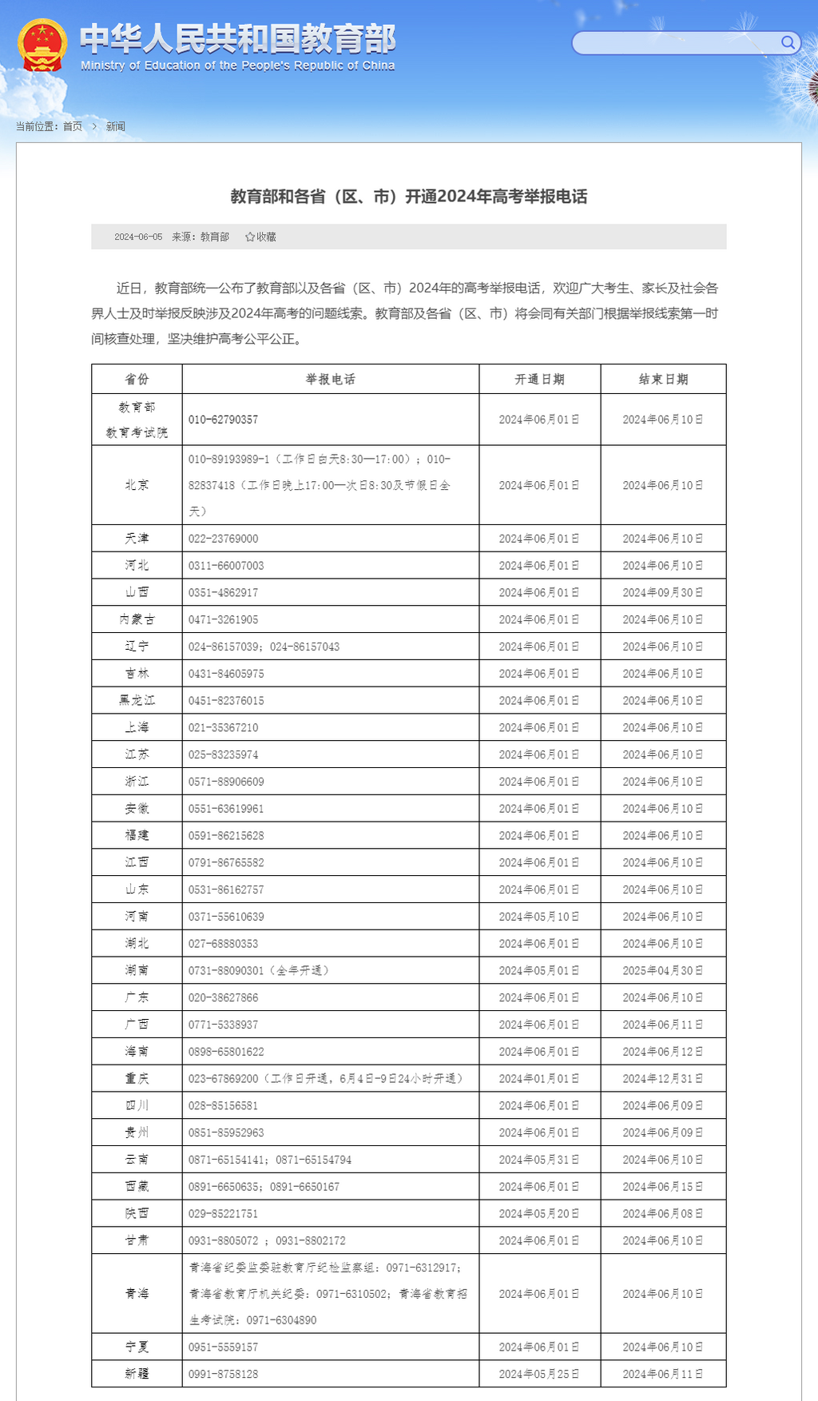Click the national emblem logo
(x=42, y=45)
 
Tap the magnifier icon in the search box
(x=788, y=42)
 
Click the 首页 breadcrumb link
(x=73, y=126)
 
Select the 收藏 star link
(x=260, y=237)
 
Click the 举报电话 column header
(x=330, y=379)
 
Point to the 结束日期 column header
(x=663, y=379)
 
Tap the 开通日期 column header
(x=539, y=379)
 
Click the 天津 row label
(x=137, y=539)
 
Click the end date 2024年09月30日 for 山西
(x=663, y=593)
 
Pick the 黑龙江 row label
(x=137, y=701)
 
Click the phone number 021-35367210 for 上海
(x=223, y=728)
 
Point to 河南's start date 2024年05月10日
(x=539, y=917)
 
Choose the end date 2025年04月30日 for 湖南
(x=663, y=971)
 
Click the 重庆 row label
(x=137, y=1079)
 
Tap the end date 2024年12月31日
(x=663, y=1079)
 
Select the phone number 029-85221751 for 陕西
(x=223, y=1214)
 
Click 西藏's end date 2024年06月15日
(x=663, y=1187)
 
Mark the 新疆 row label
(x=137, y=1374)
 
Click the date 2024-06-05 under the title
(x=138, y=237)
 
